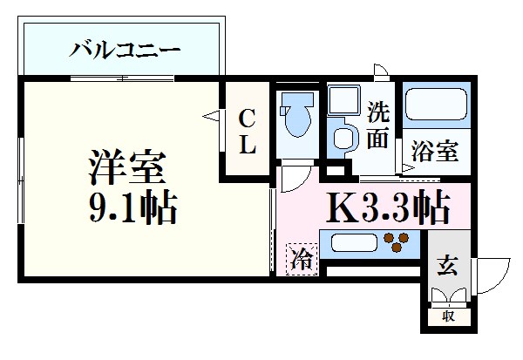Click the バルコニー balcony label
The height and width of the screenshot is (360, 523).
[125, 49]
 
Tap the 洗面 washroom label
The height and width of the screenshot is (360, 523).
[377, 124]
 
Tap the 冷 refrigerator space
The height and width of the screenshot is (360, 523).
[302, 259]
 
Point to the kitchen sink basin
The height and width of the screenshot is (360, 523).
[352, 242]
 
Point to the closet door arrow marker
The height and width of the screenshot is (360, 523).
[211, 114]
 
